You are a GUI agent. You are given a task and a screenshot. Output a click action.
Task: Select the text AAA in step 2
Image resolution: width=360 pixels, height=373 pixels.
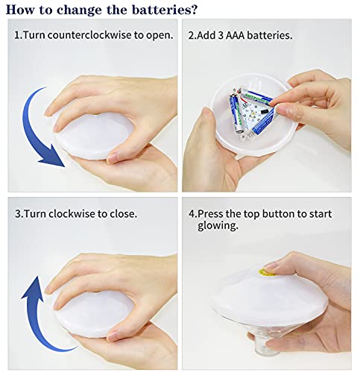(235, 35)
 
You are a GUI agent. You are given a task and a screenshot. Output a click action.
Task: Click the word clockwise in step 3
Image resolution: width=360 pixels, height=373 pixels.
(72, 213)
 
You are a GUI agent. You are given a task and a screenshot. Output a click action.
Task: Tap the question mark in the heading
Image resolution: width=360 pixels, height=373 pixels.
(195, 9)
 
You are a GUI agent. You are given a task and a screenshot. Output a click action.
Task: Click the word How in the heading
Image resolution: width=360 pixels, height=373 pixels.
(21, 10)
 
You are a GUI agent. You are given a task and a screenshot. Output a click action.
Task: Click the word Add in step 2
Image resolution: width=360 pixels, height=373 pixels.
(206, 35)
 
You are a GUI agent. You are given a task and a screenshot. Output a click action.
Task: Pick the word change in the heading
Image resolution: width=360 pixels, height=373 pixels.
(80, 10)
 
